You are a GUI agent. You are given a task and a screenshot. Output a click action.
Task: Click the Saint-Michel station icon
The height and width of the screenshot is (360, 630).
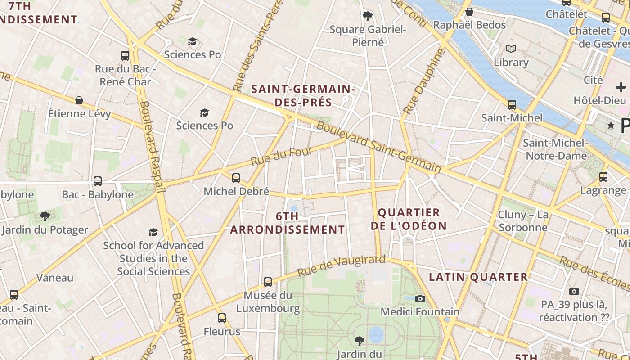(x=512, y=105)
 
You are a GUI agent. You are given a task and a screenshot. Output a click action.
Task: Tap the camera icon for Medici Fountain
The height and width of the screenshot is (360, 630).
(x=420, y=298)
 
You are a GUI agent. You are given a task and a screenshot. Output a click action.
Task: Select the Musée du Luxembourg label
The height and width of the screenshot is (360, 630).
(x=268, y=302)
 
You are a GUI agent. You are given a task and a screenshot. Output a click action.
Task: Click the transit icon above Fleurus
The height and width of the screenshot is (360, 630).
(x=221, y=318)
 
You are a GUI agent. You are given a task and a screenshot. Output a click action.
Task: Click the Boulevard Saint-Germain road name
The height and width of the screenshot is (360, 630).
(x=378, y=147)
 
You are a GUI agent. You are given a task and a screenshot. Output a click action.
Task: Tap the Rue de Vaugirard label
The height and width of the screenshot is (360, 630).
(x=342, y=266)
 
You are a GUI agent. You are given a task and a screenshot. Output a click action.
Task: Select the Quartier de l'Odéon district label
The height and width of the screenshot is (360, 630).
(x=409, y=219)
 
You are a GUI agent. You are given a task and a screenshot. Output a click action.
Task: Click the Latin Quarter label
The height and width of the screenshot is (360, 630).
(x=478, y=277)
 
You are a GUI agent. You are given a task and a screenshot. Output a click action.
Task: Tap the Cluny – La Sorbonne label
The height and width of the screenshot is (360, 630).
(x=523, y=221)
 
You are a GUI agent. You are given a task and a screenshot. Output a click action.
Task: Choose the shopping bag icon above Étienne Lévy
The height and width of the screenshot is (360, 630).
(x=79, y=100)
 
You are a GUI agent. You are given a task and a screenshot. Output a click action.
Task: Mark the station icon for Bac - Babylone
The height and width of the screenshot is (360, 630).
(x=97, y=181)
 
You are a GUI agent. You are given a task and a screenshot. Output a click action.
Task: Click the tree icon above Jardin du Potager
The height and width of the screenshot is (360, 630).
(x=45, y=216)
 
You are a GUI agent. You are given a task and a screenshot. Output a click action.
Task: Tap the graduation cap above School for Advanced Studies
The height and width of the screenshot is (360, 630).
(x=153, y=232)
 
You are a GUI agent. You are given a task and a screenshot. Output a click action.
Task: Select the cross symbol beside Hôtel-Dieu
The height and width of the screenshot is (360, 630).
(x=621, y=87)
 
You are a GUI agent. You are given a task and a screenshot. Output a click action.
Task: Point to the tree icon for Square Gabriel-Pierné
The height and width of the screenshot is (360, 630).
(x=368, y=17)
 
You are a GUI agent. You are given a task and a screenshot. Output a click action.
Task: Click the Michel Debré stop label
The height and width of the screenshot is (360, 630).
(x=236, y=191)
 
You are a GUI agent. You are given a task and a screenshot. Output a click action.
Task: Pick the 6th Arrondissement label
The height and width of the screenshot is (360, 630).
(x=288, y=223)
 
